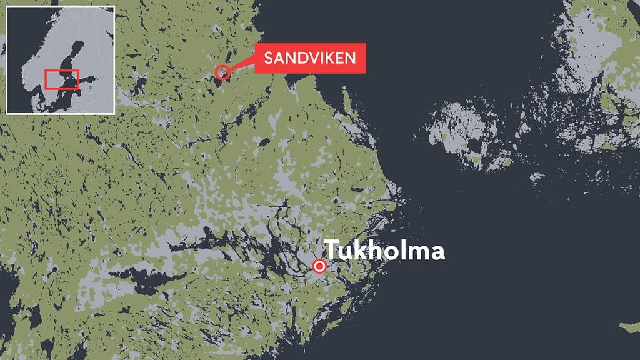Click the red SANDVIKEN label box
click(309, 58)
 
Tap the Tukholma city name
click(384, 251)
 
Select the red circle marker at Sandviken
click(222, 72)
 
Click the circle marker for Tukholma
click(319, 266)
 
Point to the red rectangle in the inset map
click(62, 79)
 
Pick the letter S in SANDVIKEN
click(268, 59)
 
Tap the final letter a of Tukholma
click(437, 252)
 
